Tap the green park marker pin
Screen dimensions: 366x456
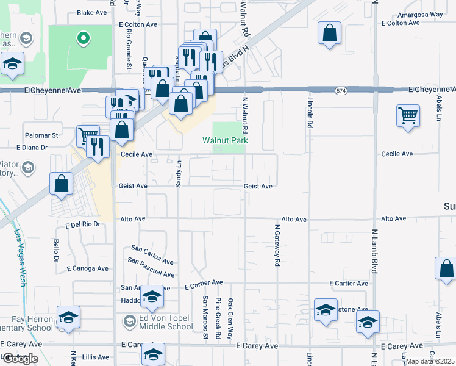click(x=83, y=39)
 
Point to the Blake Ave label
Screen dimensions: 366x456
click(x=92, y=12)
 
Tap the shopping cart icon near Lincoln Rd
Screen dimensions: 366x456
click(x=407, y=114)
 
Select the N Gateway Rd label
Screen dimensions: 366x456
click(x=277, y=245)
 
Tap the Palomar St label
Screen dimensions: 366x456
click(x=41, y=135)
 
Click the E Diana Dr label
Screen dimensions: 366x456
click(x=32, y=148)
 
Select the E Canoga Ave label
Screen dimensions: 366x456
click(x=88, y=268)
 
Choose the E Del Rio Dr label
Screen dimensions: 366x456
click(x=82, y=224)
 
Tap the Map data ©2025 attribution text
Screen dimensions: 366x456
click(x=430, y=361)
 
